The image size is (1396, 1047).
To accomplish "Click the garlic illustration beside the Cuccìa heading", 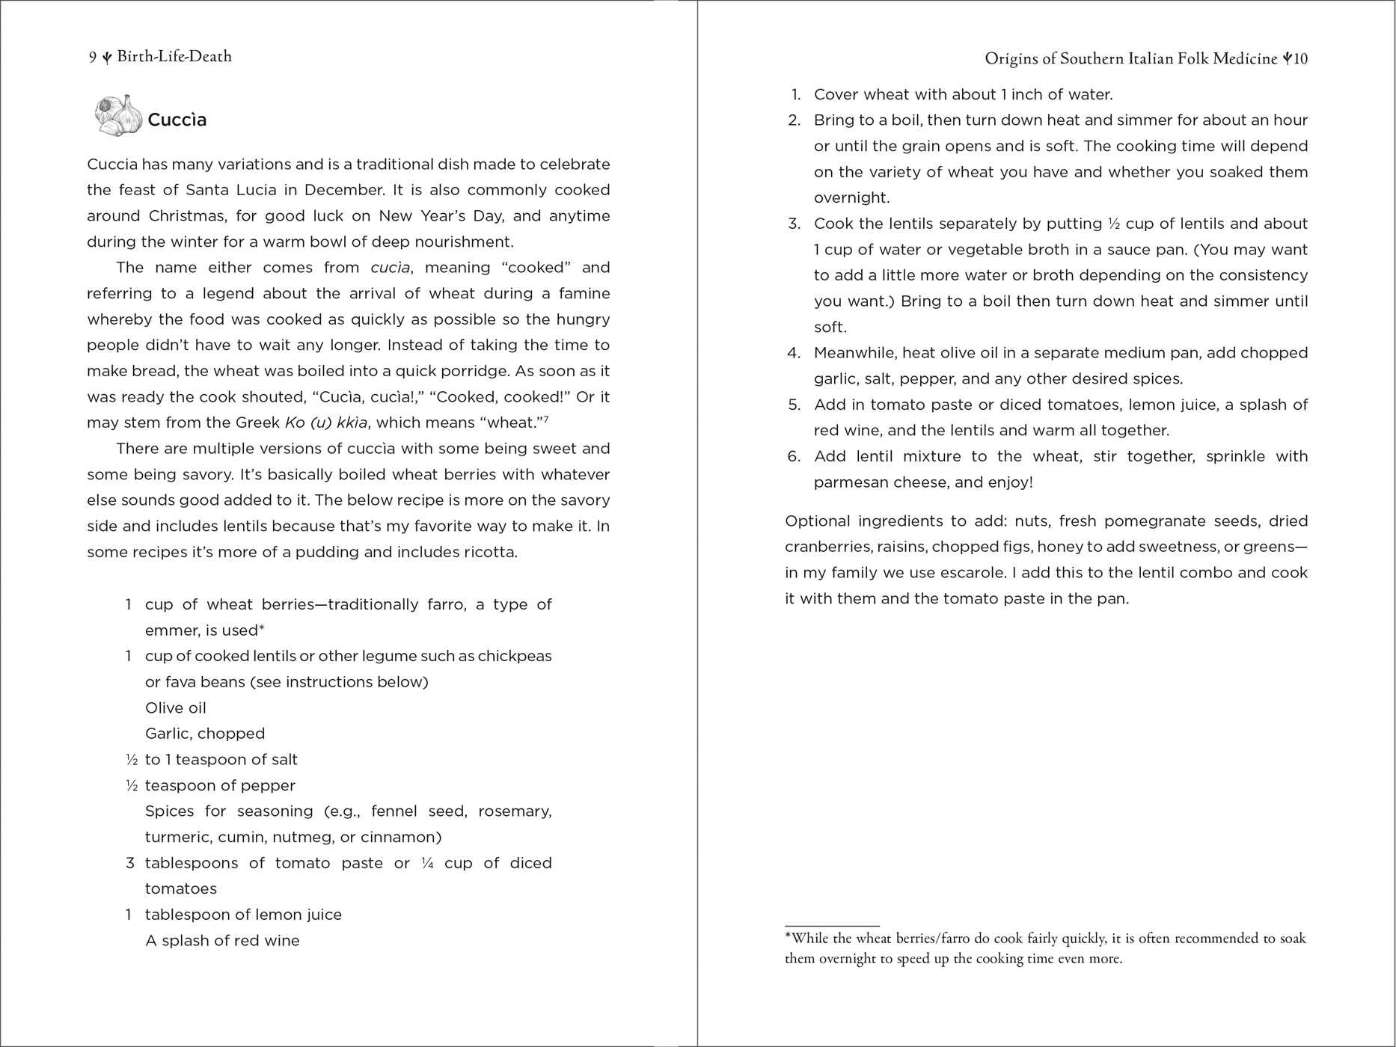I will coord(119,116).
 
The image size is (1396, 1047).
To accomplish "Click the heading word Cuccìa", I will coord(177,120).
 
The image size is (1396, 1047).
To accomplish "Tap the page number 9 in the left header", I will coord(92,58).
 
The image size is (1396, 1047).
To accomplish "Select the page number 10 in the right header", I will coord(1300,59).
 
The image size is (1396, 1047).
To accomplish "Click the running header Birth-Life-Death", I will coord(174,57).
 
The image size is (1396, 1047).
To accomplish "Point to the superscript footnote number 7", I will coord(546,419).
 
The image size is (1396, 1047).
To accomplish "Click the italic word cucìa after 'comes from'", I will coord(390,268).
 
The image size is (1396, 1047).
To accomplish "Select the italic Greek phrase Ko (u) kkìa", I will coord(326,423).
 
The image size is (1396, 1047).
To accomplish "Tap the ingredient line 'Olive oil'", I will coord(176,707).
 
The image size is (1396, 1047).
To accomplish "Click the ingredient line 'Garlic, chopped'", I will coord(205,734).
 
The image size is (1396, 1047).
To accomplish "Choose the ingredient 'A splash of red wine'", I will coord(222,941).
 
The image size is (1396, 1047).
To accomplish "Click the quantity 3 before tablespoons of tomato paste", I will coord(130,863).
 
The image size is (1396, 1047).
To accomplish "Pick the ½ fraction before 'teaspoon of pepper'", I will coord(132,785).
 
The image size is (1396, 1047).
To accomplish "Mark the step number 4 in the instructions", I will coord(794,353).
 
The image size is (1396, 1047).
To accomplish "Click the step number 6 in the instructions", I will coord(794,456).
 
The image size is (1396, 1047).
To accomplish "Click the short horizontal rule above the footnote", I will coord(832,926).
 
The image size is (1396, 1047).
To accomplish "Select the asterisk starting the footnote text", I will coord(788,936).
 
